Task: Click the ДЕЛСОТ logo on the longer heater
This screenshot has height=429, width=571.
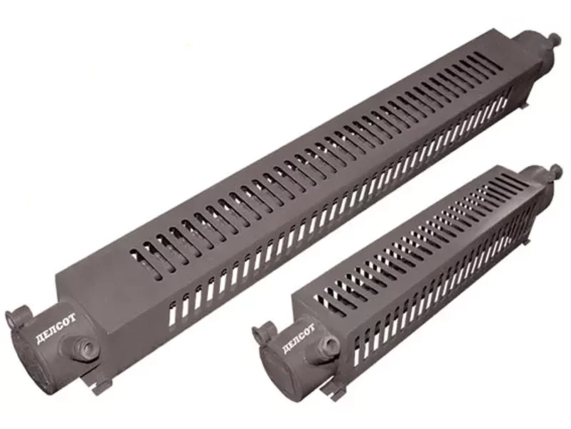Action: [56, 330]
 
